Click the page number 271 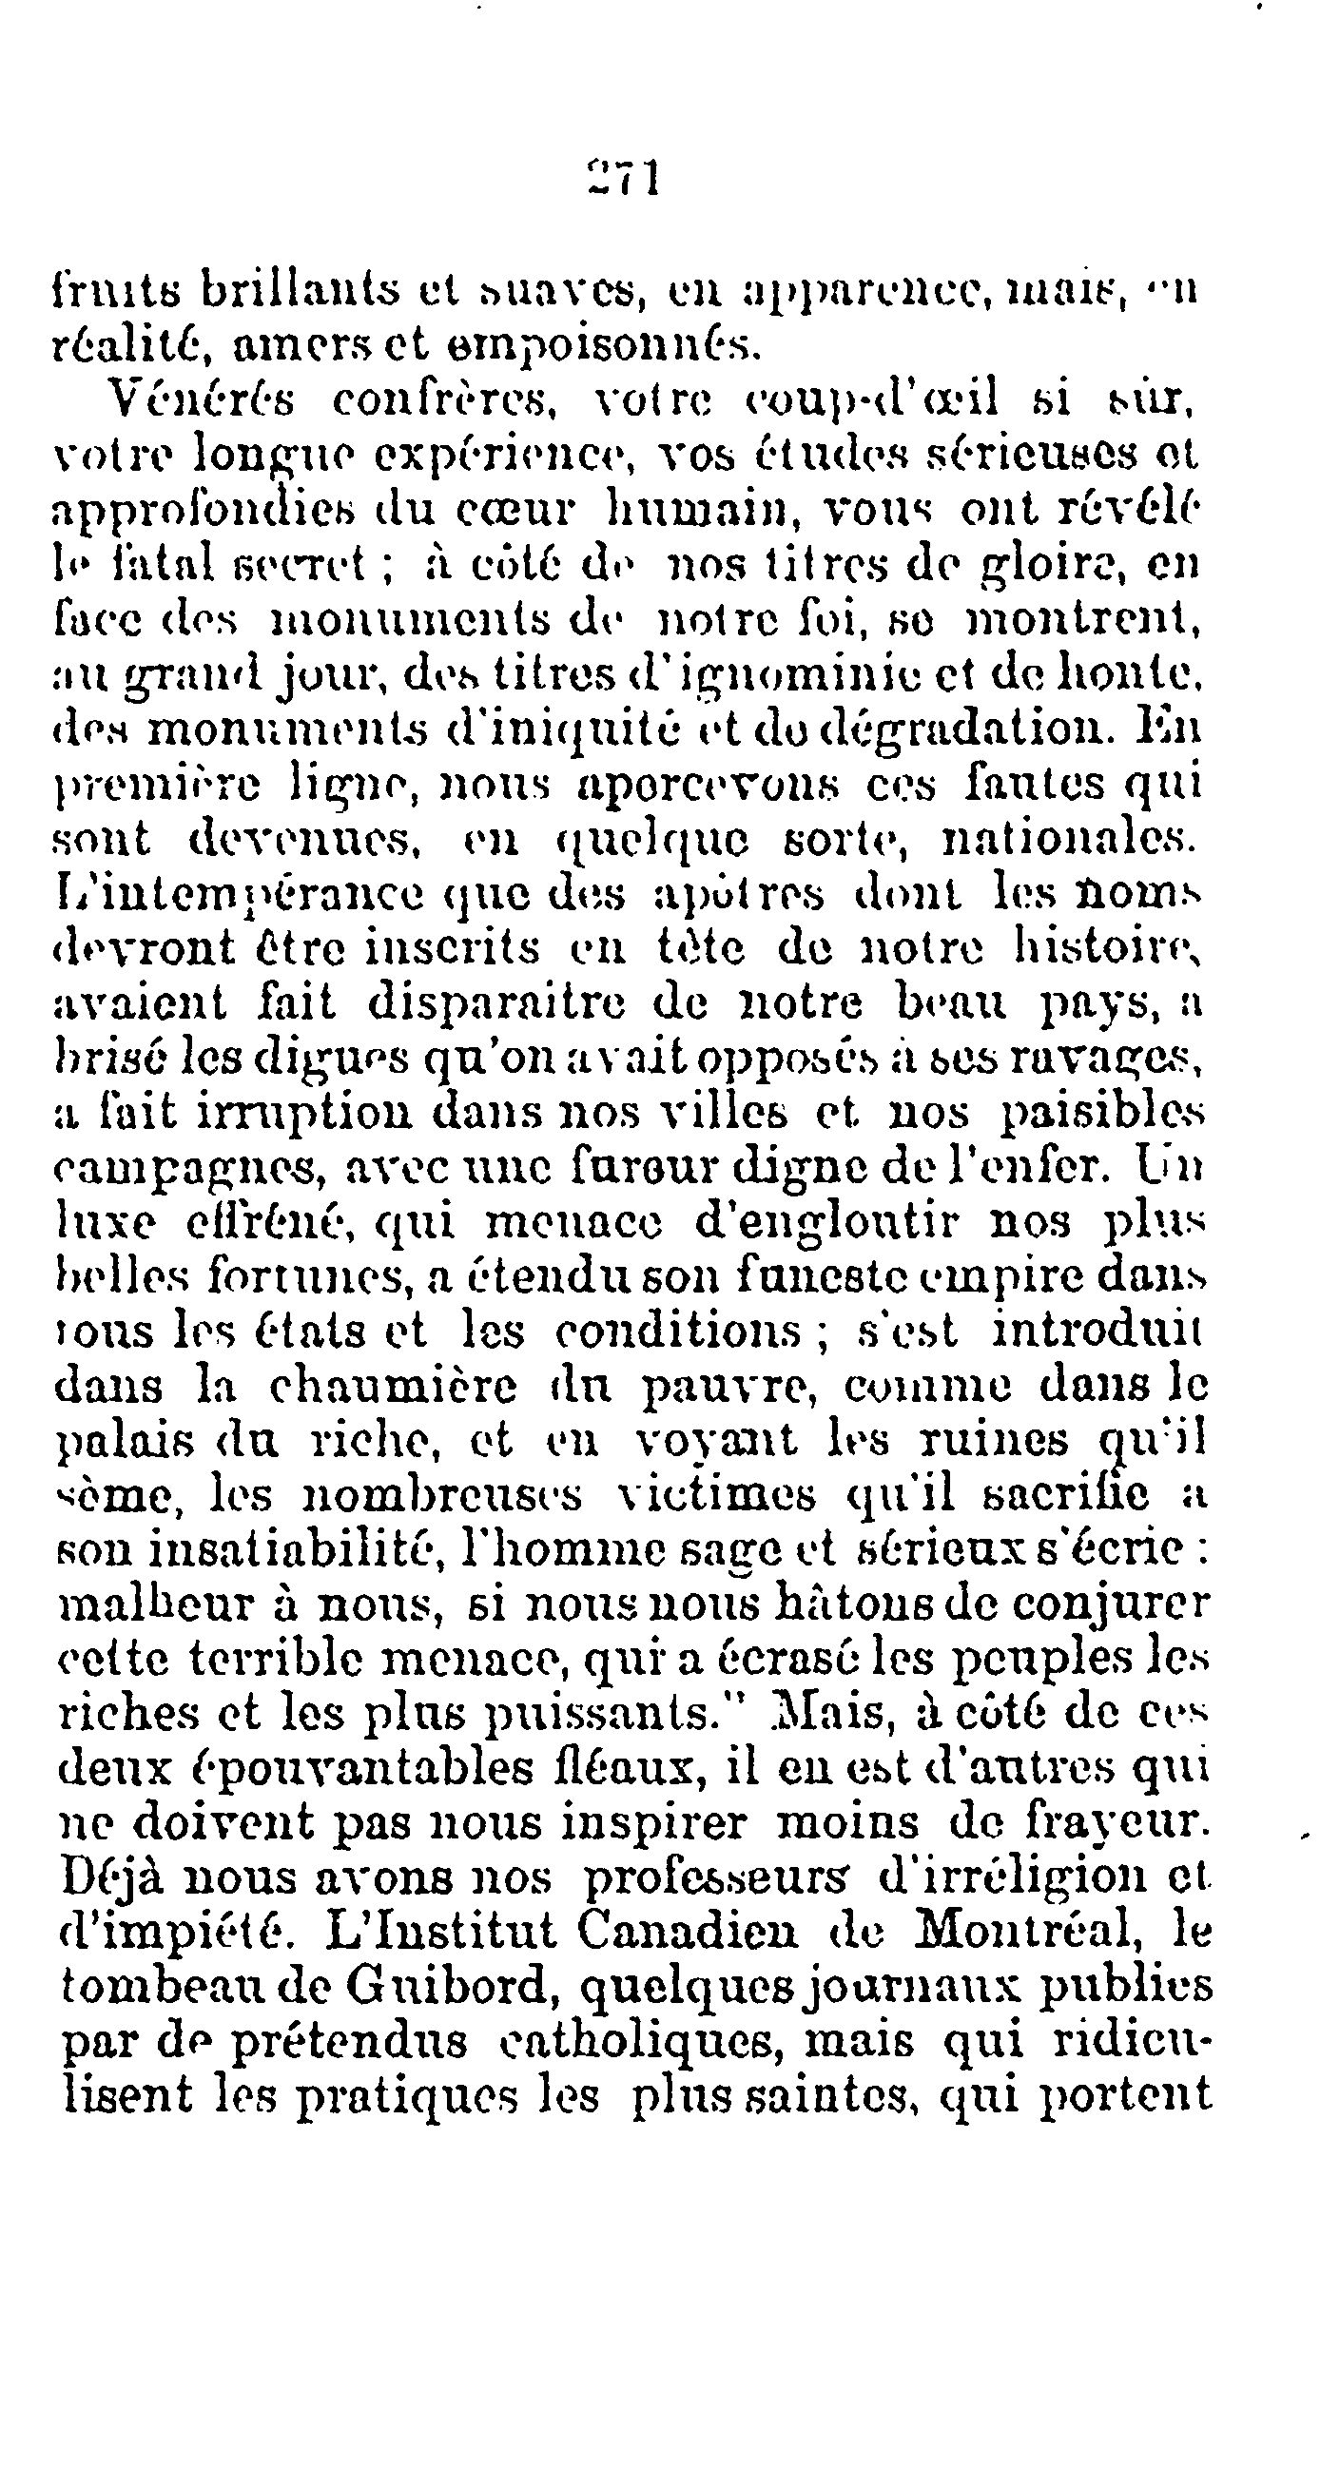point(621,179)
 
